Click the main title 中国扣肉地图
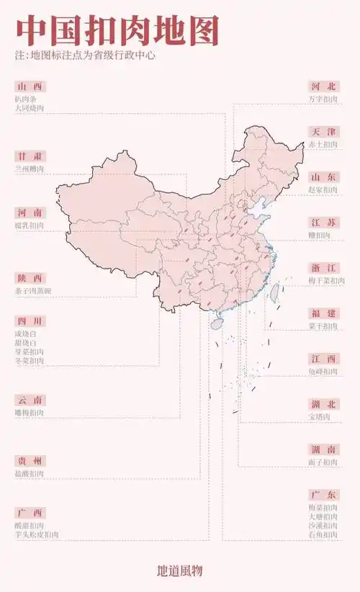pos(117,32)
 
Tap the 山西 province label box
pos(31,86)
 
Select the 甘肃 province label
pos(31,156)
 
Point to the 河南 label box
pos(31,213)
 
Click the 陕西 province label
pos(31,279)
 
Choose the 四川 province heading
pos(31,321)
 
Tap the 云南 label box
pos(31,400)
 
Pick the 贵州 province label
pos(31,461)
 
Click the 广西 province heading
pos(31,513)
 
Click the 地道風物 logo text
pos(179,570)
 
